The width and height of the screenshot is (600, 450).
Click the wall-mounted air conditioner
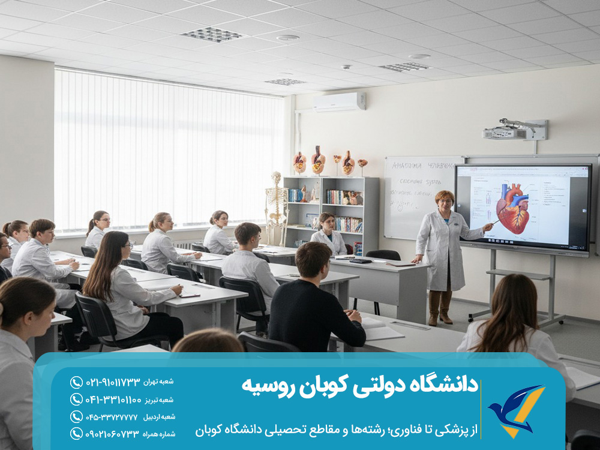point(339,101)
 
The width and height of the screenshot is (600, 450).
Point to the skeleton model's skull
point(276,178)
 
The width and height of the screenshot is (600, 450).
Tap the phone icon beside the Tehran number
point(76,382)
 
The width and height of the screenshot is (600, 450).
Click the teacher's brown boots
point(439,307)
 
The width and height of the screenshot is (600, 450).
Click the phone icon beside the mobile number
point(76,433)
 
